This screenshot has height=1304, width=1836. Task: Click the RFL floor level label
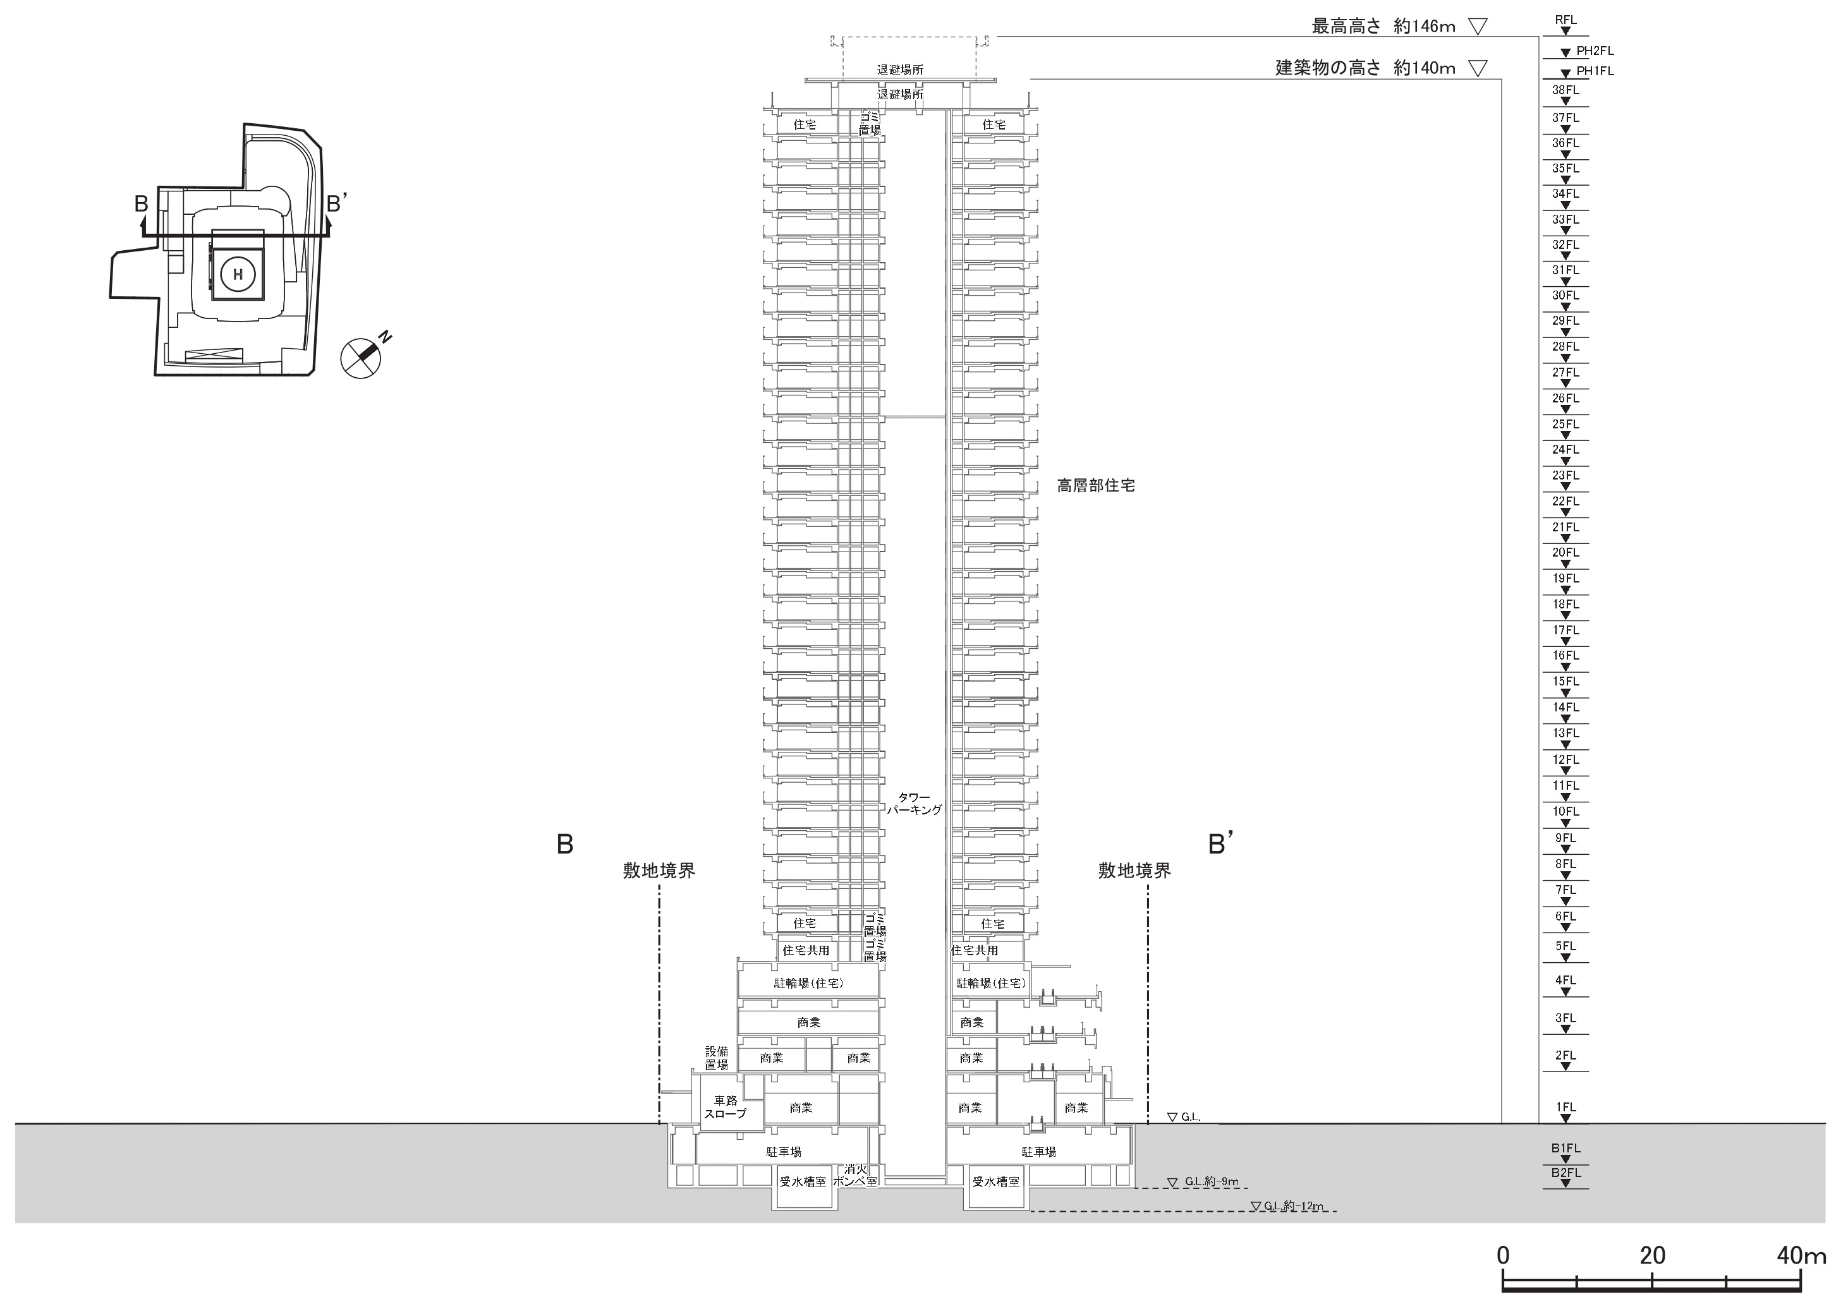click(1565, 20)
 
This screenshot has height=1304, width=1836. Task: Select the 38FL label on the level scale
click(1565, 90)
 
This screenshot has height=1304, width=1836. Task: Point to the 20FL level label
click(1565, 552)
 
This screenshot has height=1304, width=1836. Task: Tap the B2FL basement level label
click(1565, 1173)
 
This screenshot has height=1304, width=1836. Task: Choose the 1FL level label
click(1565, 1106)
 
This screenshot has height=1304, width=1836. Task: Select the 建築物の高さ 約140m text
click(1365, 68)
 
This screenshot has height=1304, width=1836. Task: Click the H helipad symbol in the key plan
click(238, 275)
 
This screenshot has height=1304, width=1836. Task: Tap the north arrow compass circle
click(361, 358)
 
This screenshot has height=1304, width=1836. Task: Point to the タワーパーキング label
click(914, 804)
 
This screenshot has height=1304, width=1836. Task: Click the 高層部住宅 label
click(1095, 486)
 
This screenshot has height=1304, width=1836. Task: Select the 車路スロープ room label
click(726, 1108)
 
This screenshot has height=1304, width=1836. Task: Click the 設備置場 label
click(717, 1058)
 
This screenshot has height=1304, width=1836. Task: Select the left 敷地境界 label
click(659, 871)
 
